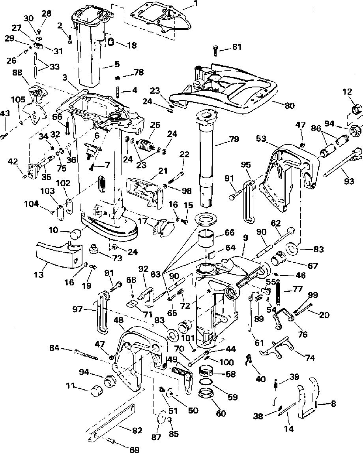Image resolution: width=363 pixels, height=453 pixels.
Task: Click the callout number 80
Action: pyautogui.click(x=289, y=106)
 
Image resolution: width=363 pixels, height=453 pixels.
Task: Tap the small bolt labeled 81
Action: pyautogui.click(x=215, y=51)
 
